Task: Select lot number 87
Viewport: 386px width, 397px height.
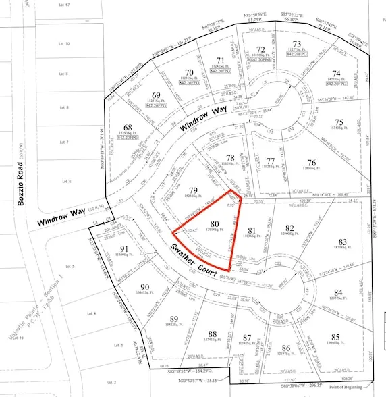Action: pos(246,338)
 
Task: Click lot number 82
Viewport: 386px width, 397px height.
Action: pos(290,228)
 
